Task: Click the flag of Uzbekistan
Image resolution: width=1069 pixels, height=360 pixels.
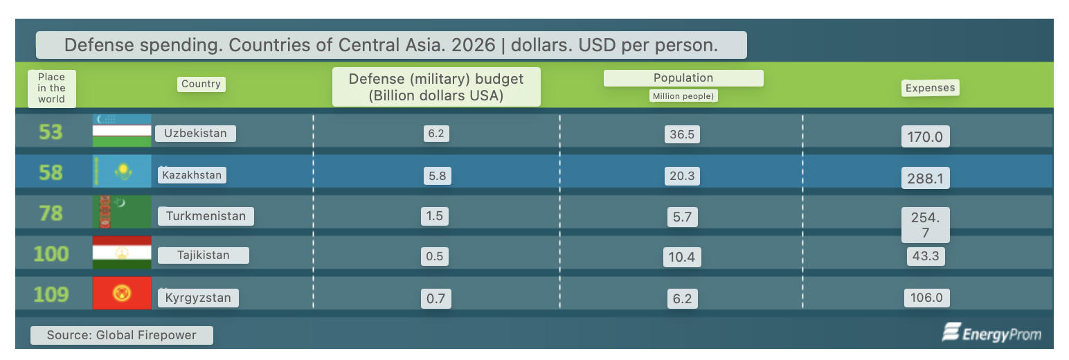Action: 122,131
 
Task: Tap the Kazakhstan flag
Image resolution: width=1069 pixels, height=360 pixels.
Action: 122,172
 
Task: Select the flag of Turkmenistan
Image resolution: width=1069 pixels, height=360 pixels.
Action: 122,213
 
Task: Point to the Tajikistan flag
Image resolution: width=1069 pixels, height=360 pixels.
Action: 122,253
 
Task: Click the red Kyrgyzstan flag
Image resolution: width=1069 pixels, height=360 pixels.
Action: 122,294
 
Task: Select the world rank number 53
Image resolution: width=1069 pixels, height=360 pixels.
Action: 51,132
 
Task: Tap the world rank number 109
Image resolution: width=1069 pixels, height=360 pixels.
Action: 51,295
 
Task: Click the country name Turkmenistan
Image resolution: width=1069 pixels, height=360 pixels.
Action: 206,216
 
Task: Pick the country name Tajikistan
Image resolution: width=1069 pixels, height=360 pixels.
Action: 203,255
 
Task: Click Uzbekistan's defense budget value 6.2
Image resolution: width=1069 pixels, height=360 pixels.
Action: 435,133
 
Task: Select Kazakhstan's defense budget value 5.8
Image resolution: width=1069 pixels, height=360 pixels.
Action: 437,176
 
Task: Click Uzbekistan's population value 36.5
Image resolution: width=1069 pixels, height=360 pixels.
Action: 681,134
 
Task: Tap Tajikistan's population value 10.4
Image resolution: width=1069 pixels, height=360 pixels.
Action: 681,258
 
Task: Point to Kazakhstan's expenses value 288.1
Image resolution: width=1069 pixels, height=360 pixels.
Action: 925,179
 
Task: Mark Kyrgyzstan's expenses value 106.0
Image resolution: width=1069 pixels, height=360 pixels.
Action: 926,298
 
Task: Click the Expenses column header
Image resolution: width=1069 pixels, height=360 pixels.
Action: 931,88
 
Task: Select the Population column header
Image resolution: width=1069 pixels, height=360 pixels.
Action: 683,78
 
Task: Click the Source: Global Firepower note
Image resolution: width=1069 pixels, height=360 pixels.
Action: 122,335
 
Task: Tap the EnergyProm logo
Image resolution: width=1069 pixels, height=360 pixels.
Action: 991,334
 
